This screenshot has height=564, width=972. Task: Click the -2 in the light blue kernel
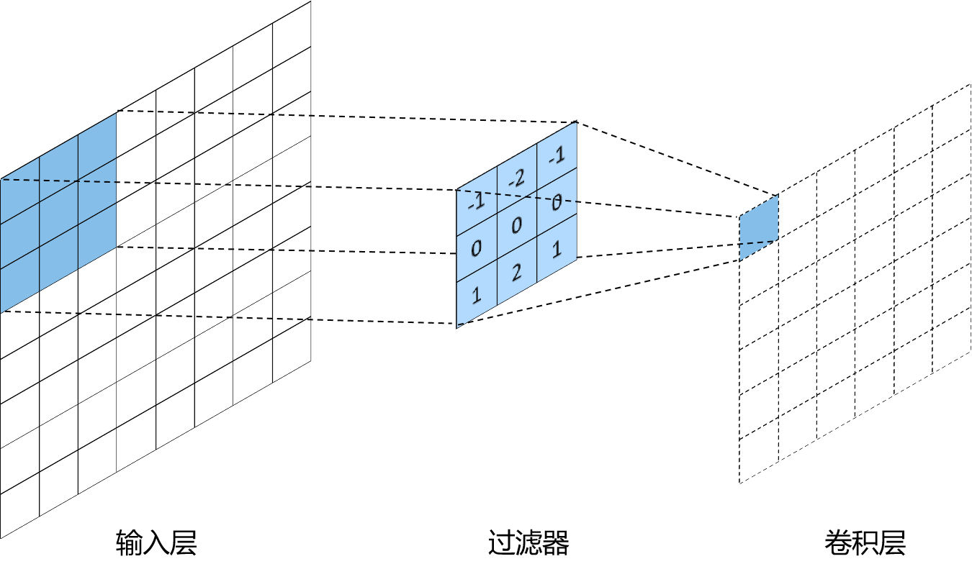point(516,179)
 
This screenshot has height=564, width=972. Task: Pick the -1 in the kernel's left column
point(476,204)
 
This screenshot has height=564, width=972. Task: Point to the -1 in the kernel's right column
point(556,155)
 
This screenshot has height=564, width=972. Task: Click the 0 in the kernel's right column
point(556,203)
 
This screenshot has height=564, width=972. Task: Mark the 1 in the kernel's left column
point(476,296)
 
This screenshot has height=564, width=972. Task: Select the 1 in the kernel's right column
point(557,250)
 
